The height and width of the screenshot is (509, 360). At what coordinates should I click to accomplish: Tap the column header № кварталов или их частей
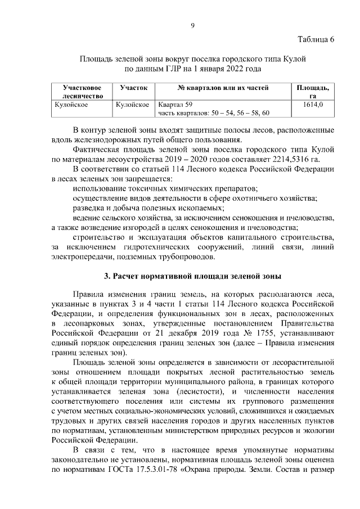[x=223, y=88]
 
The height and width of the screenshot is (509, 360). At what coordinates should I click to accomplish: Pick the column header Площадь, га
[x=313, y=92]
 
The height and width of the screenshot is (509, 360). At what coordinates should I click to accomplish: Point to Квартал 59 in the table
[x=175, y=105]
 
